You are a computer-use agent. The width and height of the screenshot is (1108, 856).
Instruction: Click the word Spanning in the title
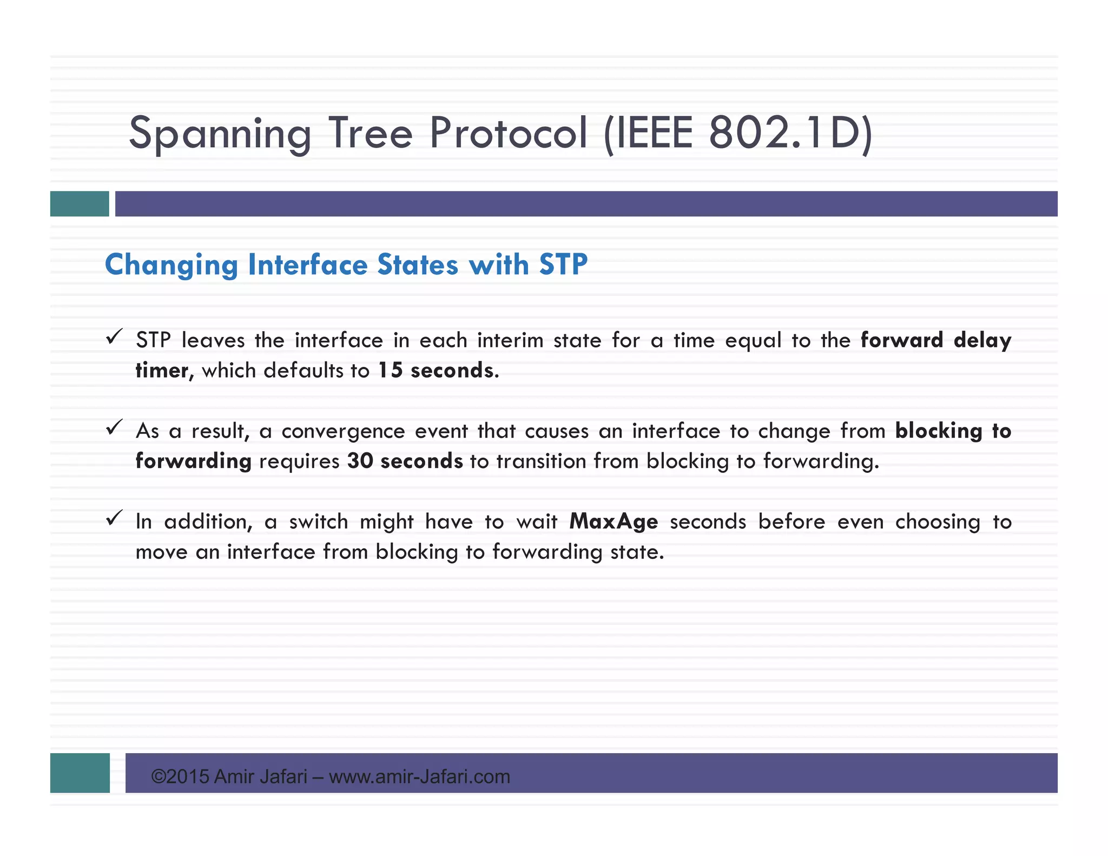pos(220,133)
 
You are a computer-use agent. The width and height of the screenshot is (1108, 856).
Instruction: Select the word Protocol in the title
pos(508,133)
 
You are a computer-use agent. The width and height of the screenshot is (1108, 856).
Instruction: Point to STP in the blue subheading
pos(563,265)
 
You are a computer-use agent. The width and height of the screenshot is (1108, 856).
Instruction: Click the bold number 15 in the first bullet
pos(390,371)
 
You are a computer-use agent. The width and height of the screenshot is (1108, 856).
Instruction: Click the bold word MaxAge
pos(614,522)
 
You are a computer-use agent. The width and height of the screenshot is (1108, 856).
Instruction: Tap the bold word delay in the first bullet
pos(982,341)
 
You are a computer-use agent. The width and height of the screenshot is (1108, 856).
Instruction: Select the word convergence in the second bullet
pos(343,431)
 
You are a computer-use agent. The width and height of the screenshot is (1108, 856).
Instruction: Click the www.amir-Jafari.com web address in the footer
pos(419,777)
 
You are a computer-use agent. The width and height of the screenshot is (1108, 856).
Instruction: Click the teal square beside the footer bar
pos(80,773)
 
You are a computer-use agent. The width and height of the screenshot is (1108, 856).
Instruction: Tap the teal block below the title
pos(80,204)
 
